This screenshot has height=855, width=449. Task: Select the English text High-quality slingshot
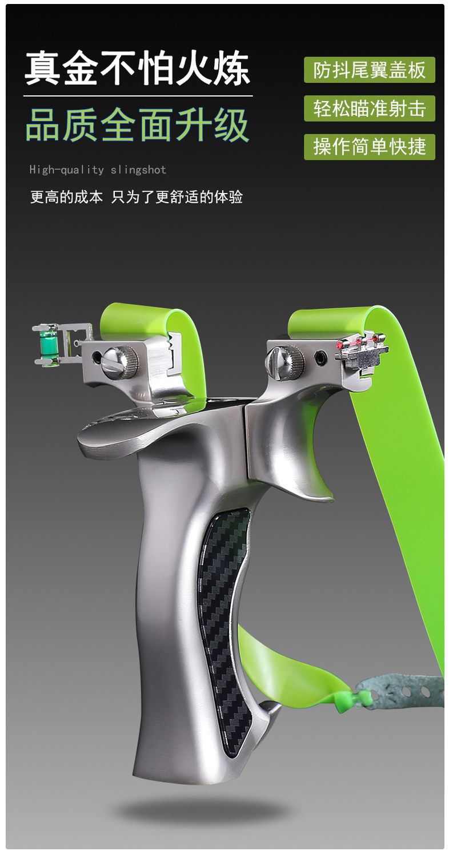(x=98, y=170)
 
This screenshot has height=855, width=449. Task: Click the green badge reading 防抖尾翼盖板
(x=370, y=70)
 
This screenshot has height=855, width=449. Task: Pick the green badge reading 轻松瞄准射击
(x=370, y=108)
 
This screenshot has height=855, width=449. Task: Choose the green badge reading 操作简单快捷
(x=370, y=147)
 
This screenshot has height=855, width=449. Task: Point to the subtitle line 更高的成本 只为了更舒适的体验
(x=137, y=197)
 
